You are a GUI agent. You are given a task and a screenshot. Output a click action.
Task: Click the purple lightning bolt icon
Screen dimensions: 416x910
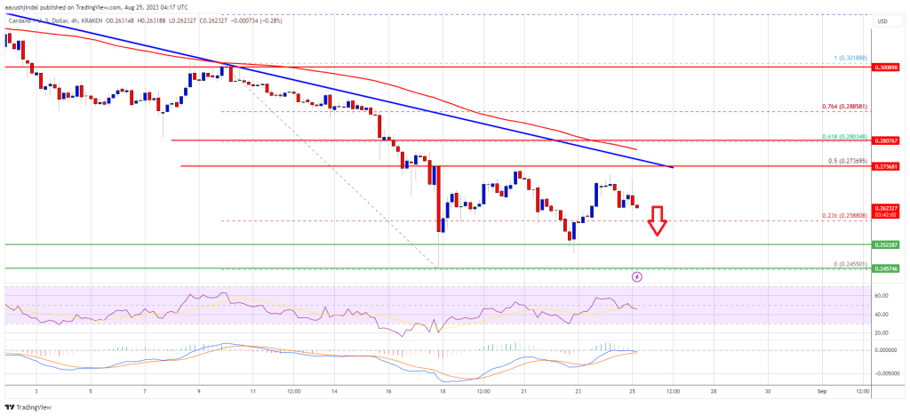point(637,277)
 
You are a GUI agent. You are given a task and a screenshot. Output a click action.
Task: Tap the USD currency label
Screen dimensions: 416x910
point(882,21)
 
